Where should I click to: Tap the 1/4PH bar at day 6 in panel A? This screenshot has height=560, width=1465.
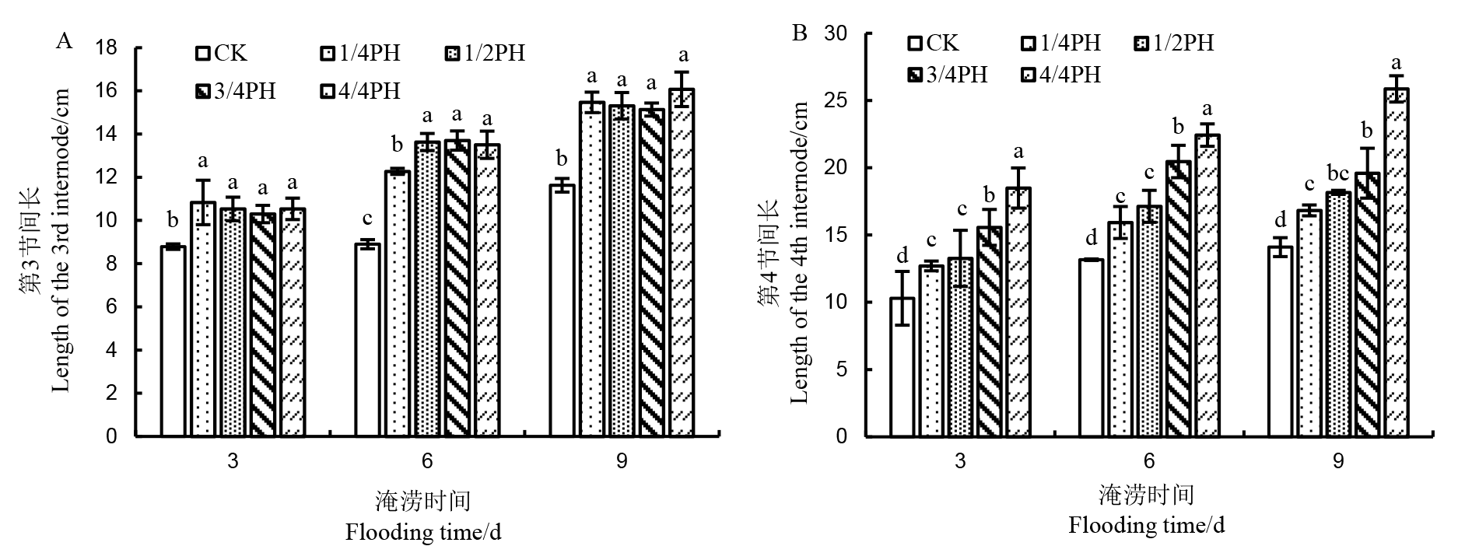pos(397,303)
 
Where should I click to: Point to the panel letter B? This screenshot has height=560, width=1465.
pos(799,33)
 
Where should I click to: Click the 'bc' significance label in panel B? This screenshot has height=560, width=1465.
pos(1338,173)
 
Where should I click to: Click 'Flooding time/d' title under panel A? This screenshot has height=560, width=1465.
pos(423,533)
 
